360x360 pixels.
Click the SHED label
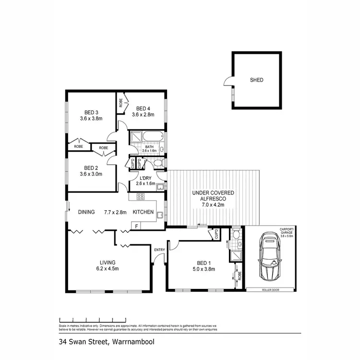coord(256,80)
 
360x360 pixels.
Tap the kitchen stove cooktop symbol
coord(141,196)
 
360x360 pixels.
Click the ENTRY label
coord(159,249)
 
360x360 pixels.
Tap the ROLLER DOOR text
coord(270,290)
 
